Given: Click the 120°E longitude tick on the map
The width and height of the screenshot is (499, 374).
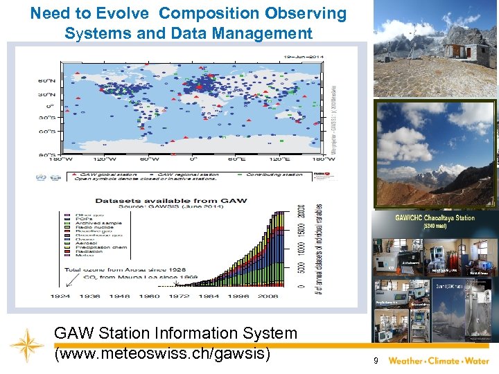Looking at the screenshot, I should (x=277, y=161).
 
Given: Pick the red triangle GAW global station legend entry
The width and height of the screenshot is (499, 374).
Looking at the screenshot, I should (x=89, y=175).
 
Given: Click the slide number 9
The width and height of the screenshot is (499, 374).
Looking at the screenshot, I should (x=376, y=361).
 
